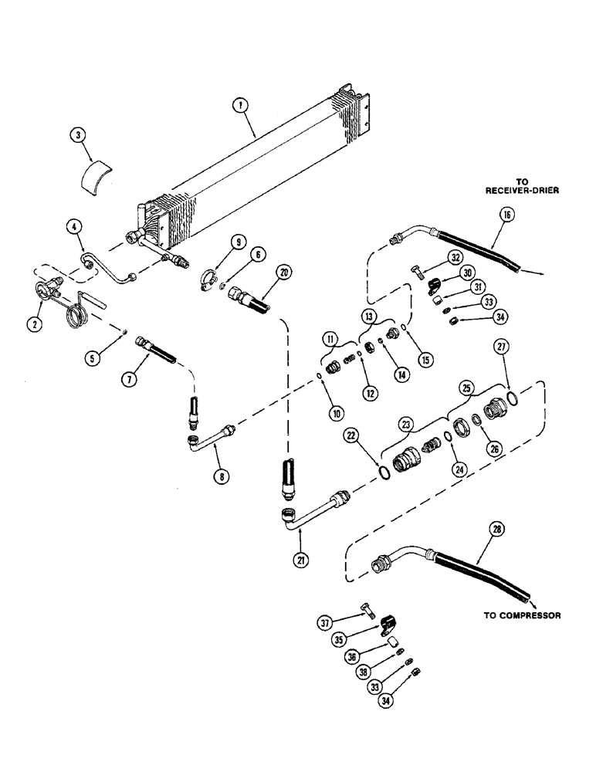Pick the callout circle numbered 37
point(326,621)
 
